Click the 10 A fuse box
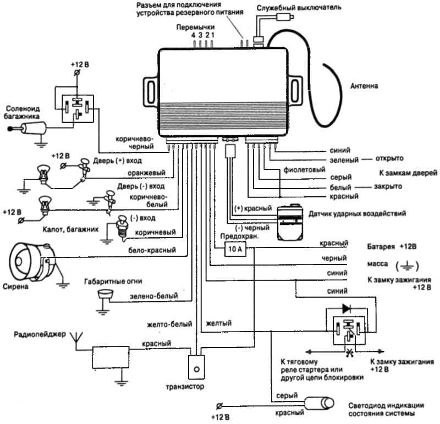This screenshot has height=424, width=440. click(235, 249)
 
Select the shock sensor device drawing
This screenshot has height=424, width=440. click(290, 222)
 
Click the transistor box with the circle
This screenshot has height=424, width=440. click(196, 367)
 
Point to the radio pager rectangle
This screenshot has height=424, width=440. click(111, 357)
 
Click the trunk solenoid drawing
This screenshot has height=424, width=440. click(27, 129)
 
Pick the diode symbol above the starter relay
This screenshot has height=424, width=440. click(346, 309)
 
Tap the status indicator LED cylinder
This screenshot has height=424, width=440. click(320, 404)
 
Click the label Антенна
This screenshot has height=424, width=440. click(364, 86)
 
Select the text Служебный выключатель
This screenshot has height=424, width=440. click(299, 8)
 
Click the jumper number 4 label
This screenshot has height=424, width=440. click(194, 35)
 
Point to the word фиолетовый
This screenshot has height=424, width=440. click(304, 170)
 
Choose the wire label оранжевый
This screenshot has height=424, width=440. click(146, 173)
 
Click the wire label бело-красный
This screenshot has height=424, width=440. click(152, 250)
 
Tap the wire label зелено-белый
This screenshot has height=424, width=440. click(154, 296)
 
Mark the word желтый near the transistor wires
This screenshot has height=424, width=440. click(219, 323)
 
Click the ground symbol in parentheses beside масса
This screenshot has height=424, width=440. click(407, 266)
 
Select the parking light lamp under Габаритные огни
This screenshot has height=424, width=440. click(105, 295)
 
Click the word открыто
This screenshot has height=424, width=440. click(389, 158)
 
